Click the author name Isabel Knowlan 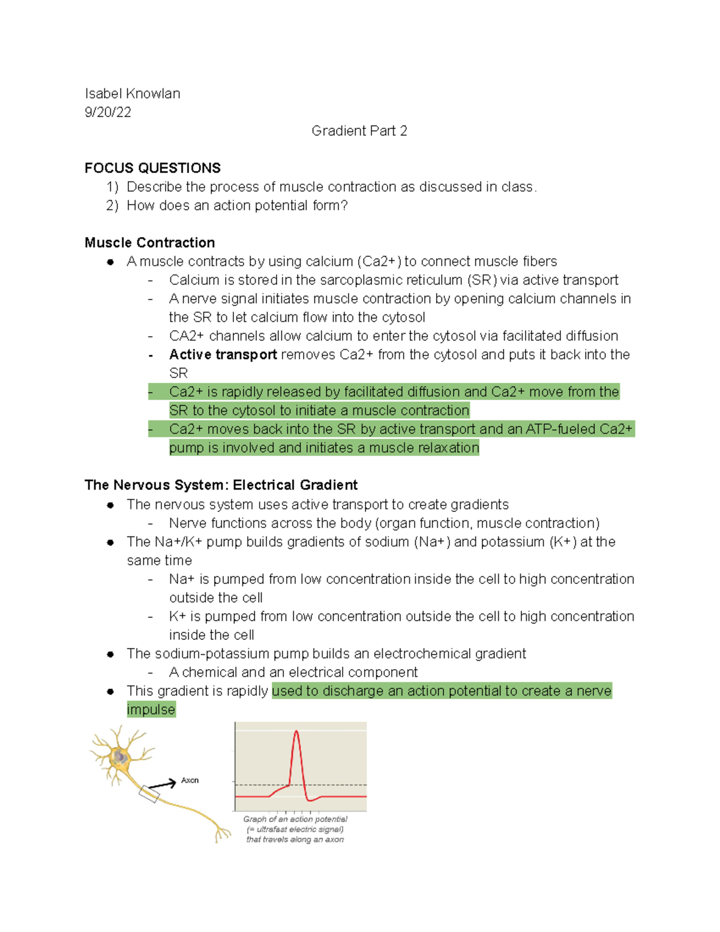coord(132,94)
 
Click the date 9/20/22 coord(108,112)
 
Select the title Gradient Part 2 coord(359,131)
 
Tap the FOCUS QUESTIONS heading coord(152,168)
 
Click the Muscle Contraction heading coord(149,242)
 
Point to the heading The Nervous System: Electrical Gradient coord(221,485)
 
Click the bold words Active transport coord(223,355)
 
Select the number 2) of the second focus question coord(112,205)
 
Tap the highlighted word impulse coord(151,709)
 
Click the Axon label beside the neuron coord(190,780)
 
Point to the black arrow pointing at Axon coord(162,784)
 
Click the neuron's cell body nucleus coord(121,757)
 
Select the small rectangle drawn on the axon coord(149,795)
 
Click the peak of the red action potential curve coord(296,732)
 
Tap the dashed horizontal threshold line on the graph coord(336,785)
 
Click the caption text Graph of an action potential coord(295,819)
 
